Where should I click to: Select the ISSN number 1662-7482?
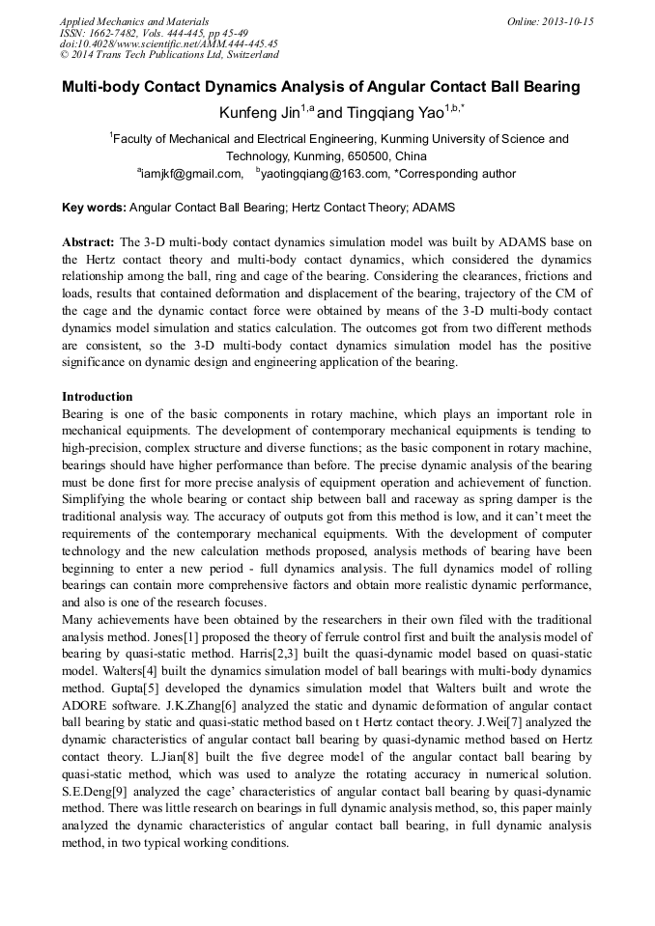point(113,33)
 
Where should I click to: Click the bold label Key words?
point(94,208)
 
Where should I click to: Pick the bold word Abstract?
point(88,241)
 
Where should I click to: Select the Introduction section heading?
point(97,397)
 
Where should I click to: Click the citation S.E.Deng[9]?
point(98,793)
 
